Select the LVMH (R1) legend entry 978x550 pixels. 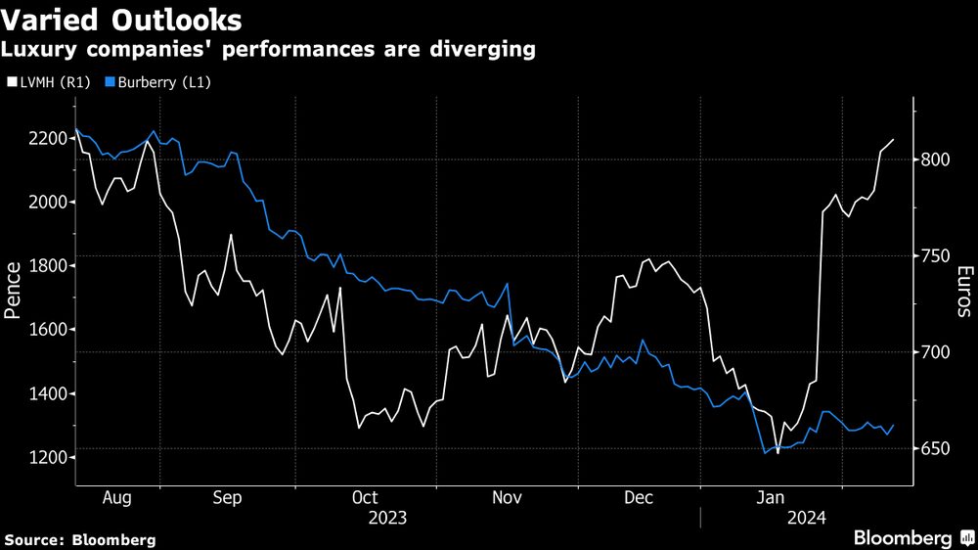pyautogui.click(x=50, y=82)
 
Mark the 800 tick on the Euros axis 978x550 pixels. pyautogui.click(x=935, y=160)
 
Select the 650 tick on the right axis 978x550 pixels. pyautogui.click(x=935, y=448)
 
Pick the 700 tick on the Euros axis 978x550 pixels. pyautogui.click(x=935, y=352)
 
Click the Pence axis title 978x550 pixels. pyautogui.click(x=14, y=291)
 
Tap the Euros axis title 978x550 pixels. pyautogui.click(x=964, y=291)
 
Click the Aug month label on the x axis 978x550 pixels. pyautogui.click(x=117, y=497)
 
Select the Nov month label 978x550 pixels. pyautogui.click(x=507, y=497)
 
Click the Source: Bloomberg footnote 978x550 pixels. pyautogui.click(x=80, y=539)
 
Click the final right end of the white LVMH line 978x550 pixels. pyautogui.click(x=894, y=140)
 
